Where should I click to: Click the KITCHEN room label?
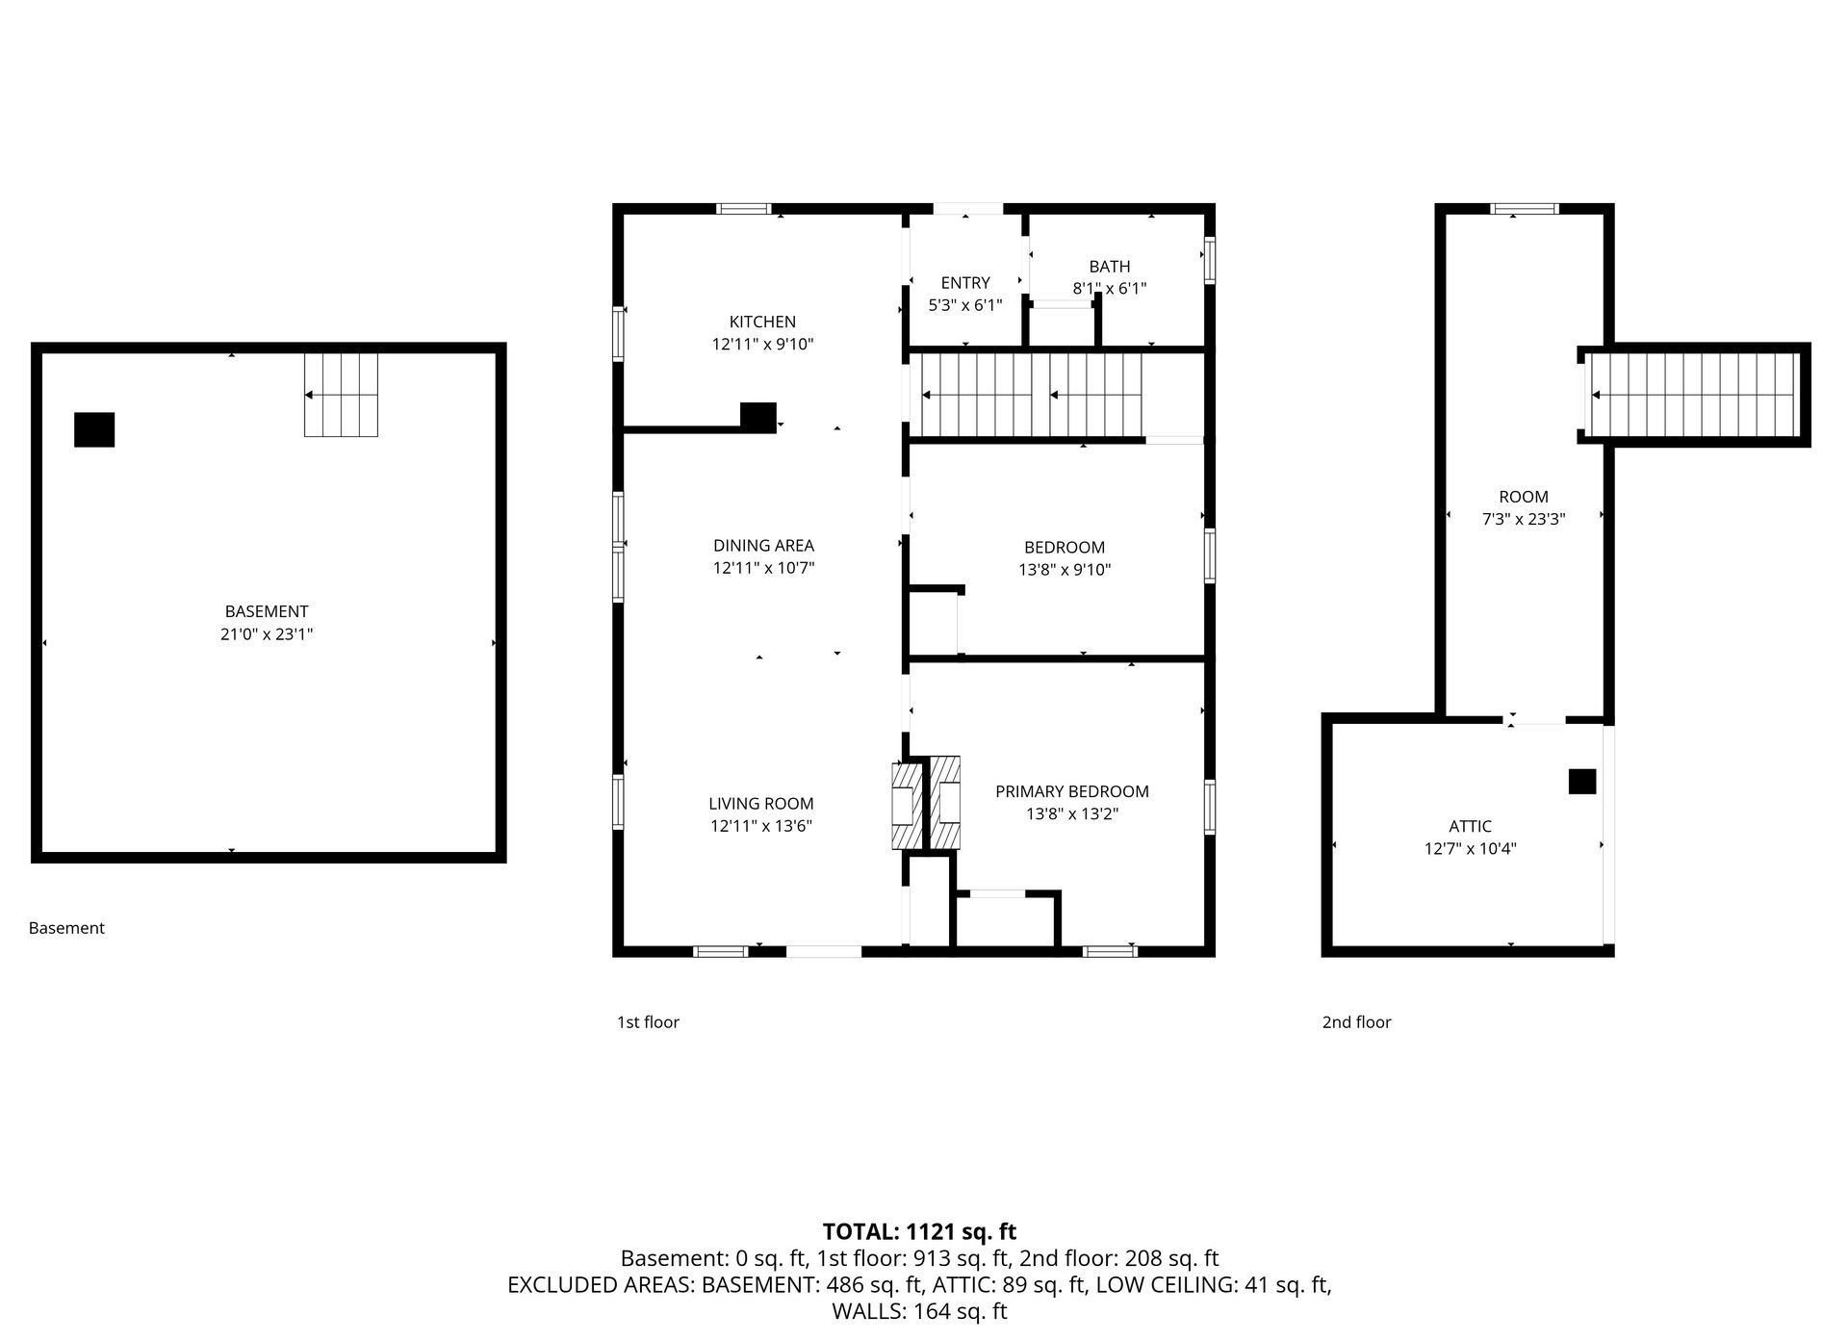762,322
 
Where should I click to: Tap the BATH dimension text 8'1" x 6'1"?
1109,288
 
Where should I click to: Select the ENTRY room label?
964,282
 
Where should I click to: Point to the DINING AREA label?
763,546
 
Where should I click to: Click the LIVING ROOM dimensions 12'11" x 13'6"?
761,826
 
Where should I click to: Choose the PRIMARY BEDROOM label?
1071,791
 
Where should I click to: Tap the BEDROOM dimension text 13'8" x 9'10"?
1065,570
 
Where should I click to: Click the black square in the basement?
94,429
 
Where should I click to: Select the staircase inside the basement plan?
342,395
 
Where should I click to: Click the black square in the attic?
1581,782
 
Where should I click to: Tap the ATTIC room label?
1470,826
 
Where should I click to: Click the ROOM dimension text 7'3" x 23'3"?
1523,519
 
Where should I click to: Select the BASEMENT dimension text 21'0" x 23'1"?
267,634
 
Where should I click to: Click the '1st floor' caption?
648,1022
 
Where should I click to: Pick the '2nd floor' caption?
1356,1022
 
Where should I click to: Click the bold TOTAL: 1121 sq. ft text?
919,1231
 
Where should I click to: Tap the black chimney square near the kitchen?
757,416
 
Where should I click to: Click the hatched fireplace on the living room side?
905,805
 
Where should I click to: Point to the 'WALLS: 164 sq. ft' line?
919,1311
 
